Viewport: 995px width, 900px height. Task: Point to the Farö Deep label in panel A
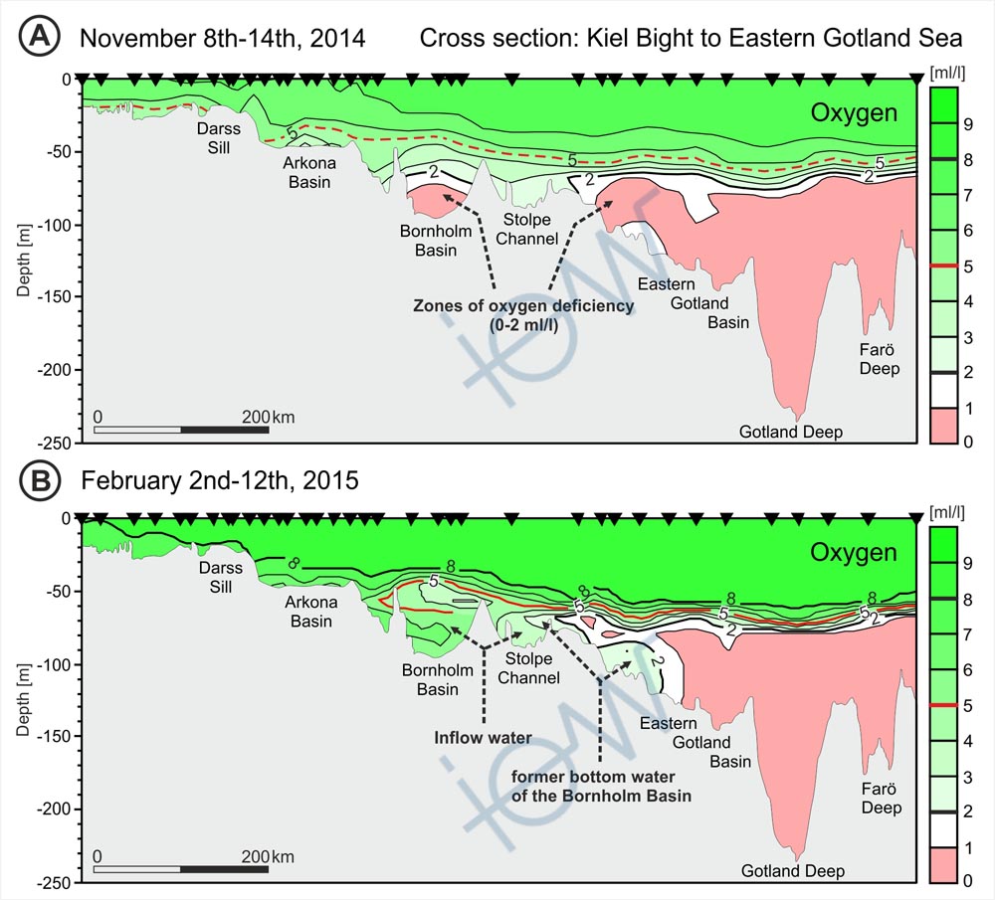coord(880,359)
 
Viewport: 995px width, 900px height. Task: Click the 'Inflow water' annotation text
coord(483,738)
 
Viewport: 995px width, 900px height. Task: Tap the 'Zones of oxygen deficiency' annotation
coord(523,315)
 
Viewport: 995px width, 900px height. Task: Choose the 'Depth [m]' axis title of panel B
coord(23,699)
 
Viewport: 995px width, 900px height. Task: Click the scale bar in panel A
coord(181,431)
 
